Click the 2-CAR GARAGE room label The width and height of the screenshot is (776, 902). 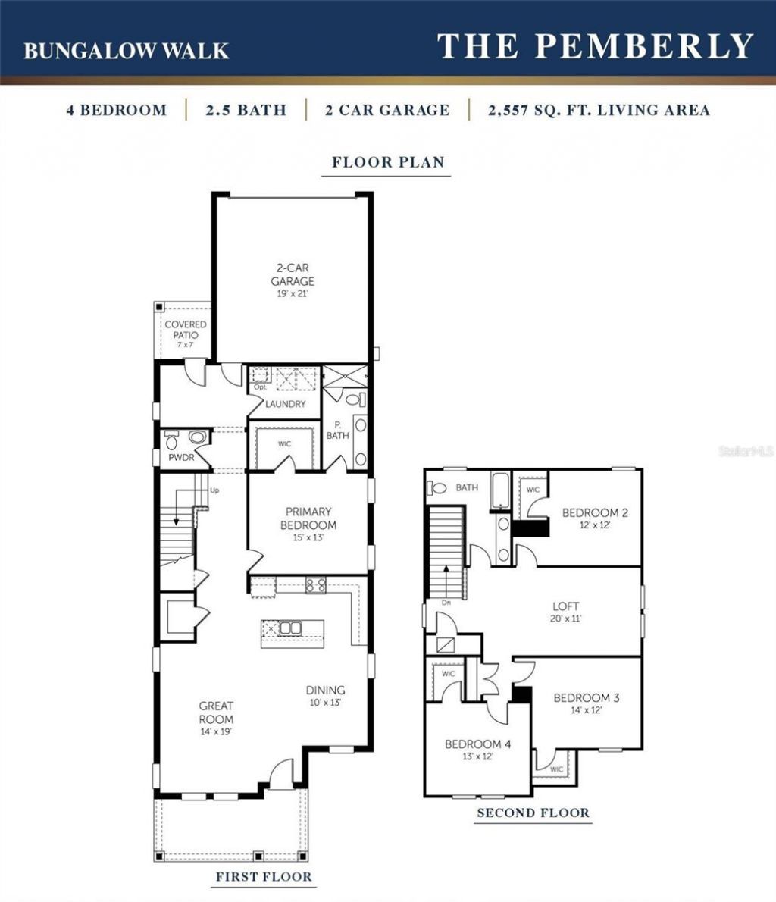pos(293,274)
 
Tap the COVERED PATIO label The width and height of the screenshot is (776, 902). pos(186,330)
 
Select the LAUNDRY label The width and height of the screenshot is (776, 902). pos(286,404)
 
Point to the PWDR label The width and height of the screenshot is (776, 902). pos(181,457)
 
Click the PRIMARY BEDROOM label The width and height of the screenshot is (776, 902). pos(308,518)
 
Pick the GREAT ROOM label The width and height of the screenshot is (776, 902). pos(216,713)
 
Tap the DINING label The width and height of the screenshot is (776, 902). pos(325,690)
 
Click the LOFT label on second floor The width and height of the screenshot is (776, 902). pos(566,606)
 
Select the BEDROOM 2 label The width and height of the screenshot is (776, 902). pos(595,513)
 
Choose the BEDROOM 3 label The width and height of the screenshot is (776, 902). pos(586,697)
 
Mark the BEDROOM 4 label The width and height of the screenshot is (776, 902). pos(477,744)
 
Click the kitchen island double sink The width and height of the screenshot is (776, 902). pos(290,628)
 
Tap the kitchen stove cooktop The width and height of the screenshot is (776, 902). pos(315,584)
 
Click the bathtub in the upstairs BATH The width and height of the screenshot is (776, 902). pos(500,490)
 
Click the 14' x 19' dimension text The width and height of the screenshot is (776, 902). pos(216,732)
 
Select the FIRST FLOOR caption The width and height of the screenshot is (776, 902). pos(263,877)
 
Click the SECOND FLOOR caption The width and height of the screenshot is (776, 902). pos(533,813)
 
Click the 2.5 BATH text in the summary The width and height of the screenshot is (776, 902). pos(246,110)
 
